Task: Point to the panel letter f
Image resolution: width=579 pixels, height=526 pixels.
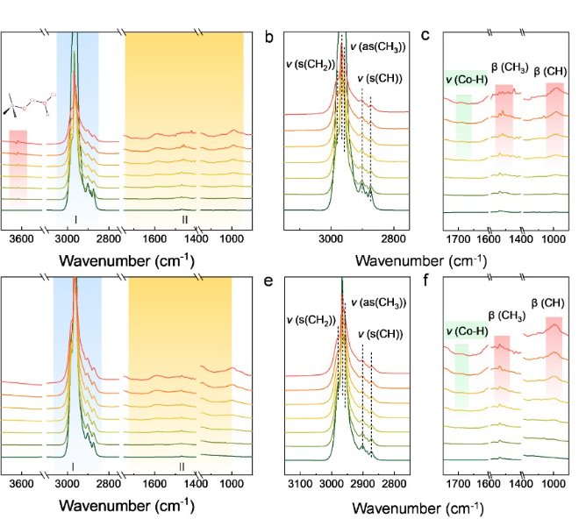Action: click(x=424, y=281)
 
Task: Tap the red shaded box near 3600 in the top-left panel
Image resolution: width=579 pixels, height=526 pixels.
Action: click(x=18, y=167)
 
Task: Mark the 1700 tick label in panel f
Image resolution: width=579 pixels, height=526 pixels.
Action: click(x=459, y=483)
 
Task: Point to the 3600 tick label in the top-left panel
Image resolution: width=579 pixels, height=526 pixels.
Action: click(x=21, y=238)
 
